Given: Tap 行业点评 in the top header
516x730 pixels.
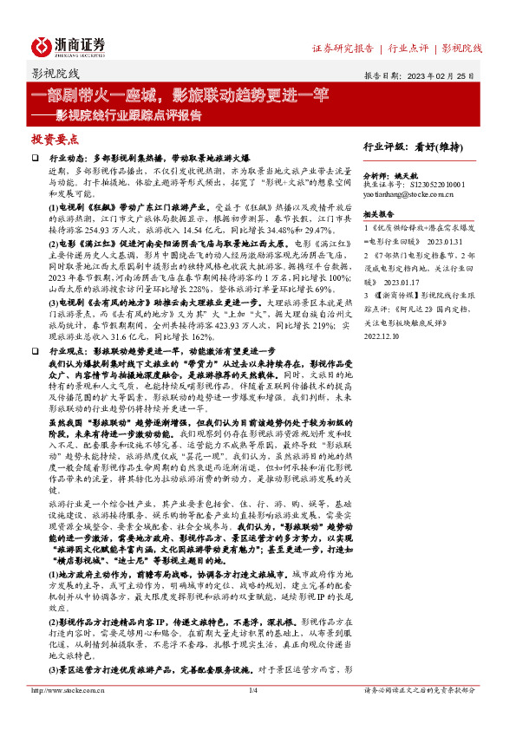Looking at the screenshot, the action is click(408, 48).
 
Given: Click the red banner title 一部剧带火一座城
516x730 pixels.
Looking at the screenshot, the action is click(95, 93).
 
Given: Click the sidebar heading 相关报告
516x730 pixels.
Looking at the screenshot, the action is click(380, 213).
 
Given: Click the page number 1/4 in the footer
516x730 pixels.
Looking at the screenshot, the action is click(254, 714).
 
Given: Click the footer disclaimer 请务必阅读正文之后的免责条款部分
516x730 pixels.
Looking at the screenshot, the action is click(419, 714).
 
